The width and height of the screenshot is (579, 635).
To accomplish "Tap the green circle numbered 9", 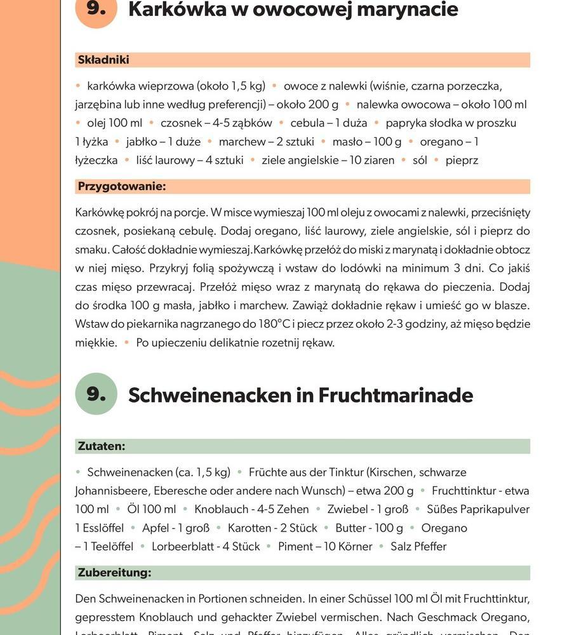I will click(96, 394).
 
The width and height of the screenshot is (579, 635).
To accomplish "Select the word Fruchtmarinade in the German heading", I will click(396, 395).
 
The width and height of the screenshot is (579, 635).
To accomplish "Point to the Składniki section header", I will click(103, 60).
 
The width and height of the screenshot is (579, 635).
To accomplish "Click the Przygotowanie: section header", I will click(122, 186).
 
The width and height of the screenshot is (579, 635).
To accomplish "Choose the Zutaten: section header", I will click(102, 446).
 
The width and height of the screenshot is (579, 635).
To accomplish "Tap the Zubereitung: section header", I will click(114, 572).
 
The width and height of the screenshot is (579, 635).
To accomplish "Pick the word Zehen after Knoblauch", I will click(293, 509).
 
